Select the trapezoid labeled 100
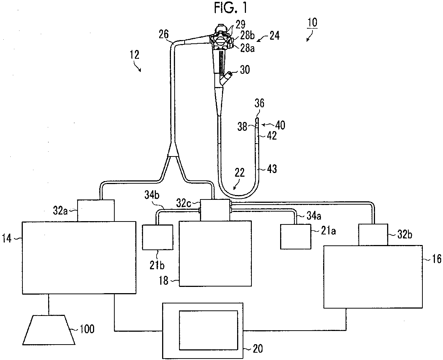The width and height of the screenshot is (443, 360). (50, 329)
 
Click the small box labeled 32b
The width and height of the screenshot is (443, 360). (372, 235)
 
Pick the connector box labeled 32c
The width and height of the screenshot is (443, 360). (215, 210)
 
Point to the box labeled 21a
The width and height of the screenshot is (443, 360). (295, 237)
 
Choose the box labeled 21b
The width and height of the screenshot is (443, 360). (157, 237)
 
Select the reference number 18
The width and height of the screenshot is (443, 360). (164, 281)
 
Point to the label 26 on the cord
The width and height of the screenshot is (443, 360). (164, 35)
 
